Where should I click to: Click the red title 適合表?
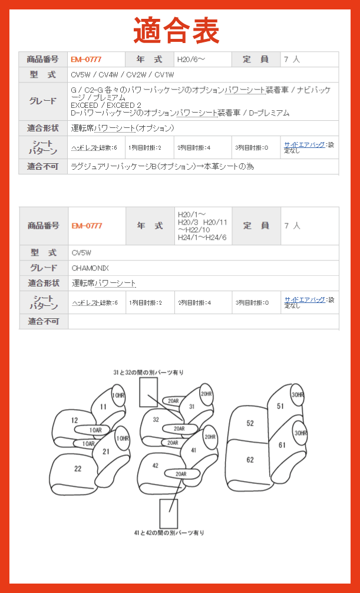tap(176, 29)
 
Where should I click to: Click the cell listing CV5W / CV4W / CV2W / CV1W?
tap(122, 75)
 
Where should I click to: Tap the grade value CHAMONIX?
tap(90, 268)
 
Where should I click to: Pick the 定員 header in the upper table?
tap(255, 60)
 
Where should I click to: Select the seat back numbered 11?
tap(103, 406)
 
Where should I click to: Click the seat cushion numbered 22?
tap(78, 469)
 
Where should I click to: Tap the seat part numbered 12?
tap(74, 420)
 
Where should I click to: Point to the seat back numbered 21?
tap(106, 451)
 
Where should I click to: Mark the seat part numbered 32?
tap(156, 420)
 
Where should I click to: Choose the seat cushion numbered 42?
tap(156, 466)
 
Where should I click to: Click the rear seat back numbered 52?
tap(250, 423)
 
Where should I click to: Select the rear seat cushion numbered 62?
tap(250, 460)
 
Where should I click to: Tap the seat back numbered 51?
tap(280, 406)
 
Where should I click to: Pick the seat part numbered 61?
tap(282, 445)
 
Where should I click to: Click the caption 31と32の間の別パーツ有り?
tap(148, 373)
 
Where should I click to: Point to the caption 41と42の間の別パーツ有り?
tap(169, 532)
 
